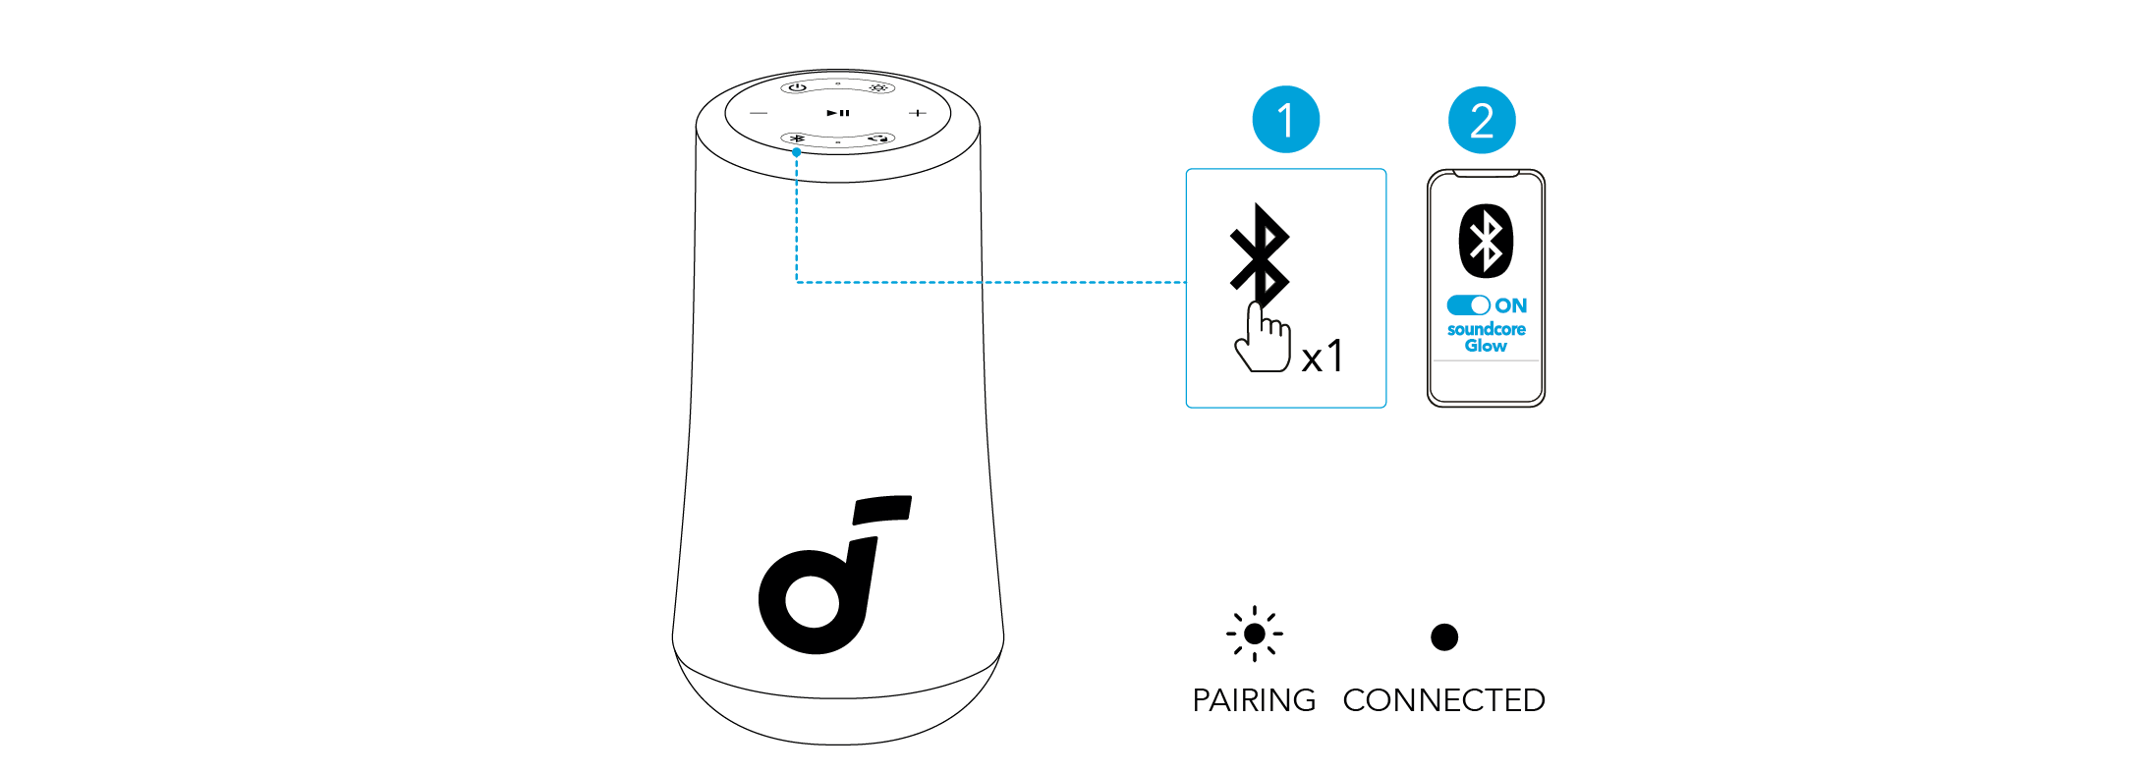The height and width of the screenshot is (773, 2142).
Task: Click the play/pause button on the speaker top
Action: pyautogui.click(x=837, y=113)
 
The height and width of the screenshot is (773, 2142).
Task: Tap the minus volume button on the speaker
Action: pyautogui.click(x=759, y=113)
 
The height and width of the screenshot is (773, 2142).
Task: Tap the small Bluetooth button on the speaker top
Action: pyautogui.click(x=798, y=138)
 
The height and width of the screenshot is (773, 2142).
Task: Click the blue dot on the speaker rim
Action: pyautogui.click(x=797, y=152)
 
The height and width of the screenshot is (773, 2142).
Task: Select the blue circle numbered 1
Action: pyautogui.click(x=1285, y=120)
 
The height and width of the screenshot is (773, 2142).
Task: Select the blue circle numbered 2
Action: pyautogui.click(x=1482, y=120)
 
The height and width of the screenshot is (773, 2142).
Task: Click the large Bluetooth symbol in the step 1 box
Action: pyautogui.click(x=1260, y=253)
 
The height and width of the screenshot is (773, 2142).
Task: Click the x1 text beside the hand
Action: pyautogui.click(x=1322, y=356)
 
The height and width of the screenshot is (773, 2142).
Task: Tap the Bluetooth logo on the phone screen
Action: pyautogui.click(x=1486, y=241)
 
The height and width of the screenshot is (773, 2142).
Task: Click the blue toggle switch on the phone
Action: pyautogui.click(x=1468, y=305)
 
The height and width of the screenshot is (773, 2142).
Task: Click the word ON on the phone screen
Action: pyautogui.click(x=1511, y=305)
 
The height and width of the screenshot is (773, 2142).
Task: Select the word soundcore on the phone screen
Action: pyautogui.click(x=1486, y=329)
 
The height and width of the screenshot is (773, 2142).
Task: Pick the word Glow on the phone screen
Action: pyautogui.click(x=1486, y=346)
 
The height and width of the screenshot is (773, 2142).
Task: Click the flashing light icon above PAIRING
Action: pyautogui.click(x=1255, y=635)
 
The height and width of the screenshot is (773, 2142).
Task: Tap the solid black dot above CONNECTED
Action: pyautogui.click(x=1444, y=636)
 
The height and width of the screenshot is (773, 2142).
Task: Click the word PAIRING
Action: pyautogui.click(x=1254, y=700)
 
